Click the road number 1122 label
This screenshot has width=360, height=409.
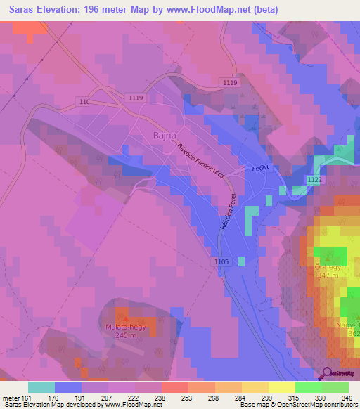tap(315, 181)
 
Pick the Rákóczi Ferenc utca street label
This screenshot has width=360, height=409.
tap(205, 161)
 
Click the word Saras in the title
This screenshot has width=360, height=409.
tap(19, 10)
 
